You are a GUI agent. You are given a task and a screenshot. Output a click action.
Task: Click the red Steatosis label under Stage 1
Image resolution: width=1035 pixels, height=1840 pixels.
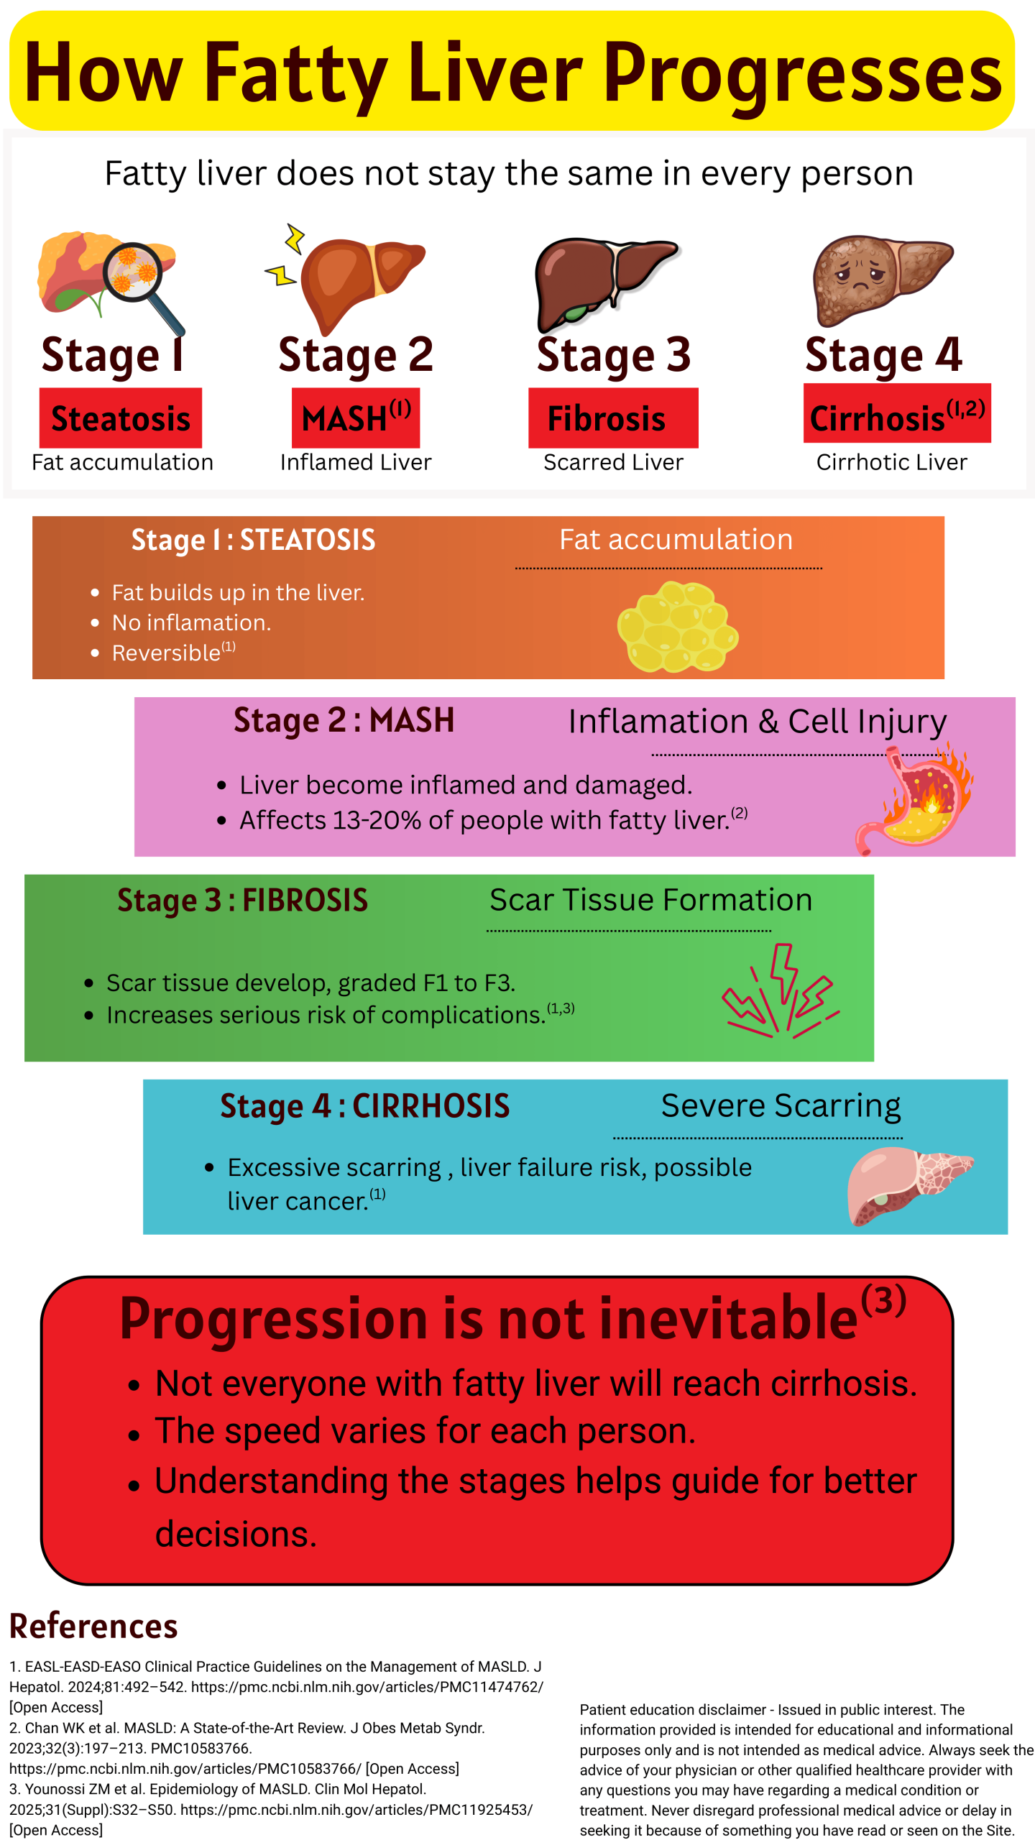click(x=120, y=418)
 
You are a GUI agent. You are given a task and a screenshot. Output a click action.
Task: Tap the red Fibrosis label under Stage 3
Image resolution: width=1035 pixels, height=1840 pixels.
click(x=612, y=418)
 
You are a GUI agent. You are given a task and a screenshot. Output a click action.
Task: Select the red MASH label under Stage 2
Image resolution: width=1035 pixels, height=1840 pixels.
click(x=355, y=418)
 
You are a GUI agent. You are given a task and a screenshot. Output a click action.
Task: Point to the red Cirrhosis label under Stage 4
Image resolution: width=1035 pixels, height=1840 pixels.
click(x=896, y=414)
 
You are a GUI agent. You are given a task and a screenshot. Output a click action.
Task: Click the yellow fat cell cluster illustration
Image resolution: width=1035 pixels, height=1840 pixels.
click(x=677, y=627)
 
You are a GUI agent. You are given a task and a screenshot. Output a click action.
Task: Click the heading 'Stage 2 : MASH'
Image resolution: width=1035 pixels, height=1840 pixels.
click(x=344, y=720)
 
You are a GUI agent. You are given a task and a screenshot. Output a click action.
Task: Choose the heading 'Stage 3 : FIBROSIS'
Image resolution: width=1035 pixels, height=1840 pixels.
click(x=242, y=901)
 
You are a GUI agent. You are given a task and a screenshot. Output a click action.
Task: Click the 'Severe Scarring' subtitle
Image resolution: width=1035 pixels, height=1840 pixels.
click(x=780, y=1105)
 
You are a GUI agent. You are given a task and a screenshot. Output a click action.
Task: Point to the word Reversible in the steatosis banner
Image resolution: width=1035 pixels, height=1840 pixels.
click(x=166, y=653)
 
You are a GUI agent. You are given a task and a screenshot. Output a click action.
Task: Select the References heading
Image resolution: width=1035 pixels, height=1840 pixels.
click(x=93, y=1627)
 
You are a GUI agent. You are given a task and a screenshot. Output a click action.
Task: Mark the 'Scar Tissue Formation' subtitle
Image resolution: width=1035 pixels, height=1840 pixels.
click(x=650, y=900)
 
